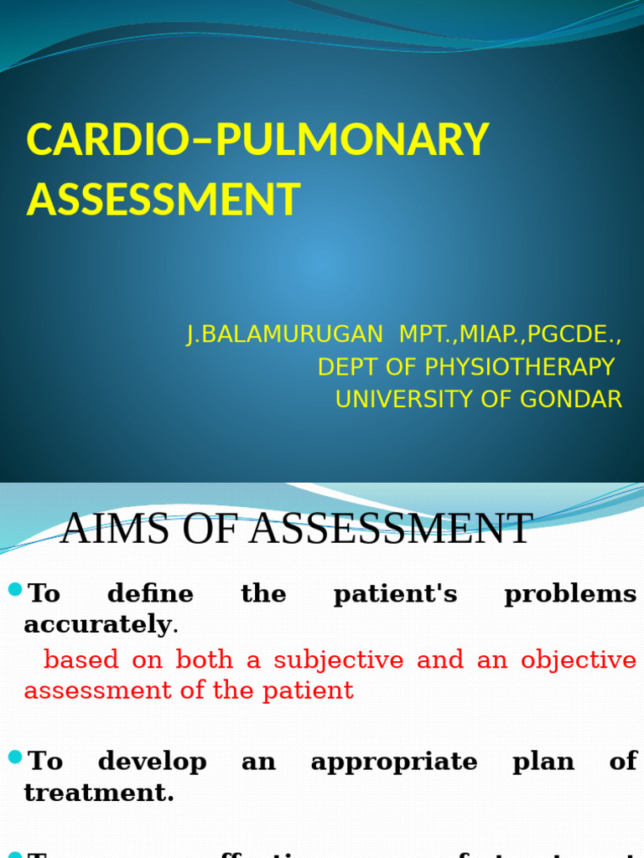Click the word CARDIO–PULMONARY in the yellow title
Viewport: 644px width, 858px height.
[257, 140]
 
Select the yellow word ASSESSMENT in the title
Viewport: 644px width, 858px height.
[163, 199]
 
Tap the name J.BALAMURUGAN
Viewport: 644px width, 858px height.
[284, 333]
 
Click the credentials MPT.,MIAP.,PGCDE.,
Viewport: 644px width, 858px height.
[510, 333]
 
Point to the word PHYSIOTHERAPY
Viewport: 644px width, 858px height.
[519, 367]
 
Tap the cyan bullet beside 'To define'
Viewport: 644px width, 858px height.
[15, 591]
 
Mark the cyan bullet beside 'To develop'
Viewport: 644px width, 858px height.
[15, 758]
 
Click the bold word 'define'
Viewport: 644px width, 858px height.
[150, 594]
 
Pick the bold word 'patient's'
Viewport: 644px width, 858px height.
[395, 594]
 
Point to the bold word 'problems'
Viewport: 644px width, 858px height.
[570, 594]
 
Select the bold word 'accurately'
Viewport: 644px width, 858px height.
[97, 624]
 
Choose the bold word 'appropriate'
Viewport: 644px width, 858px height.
[393, 762]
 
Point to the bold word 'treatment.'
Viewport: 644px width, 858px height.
[99, 792]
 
